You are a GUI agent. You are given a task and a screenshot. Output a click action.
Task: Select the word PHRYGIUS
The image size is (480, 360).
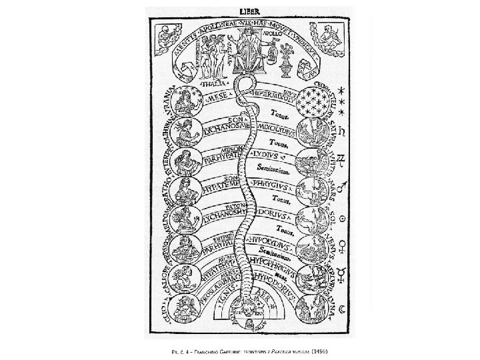point(270,182)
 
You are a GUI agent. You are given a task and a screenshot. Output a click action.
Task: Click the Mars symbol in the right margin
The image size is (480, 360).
point(345,189)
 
